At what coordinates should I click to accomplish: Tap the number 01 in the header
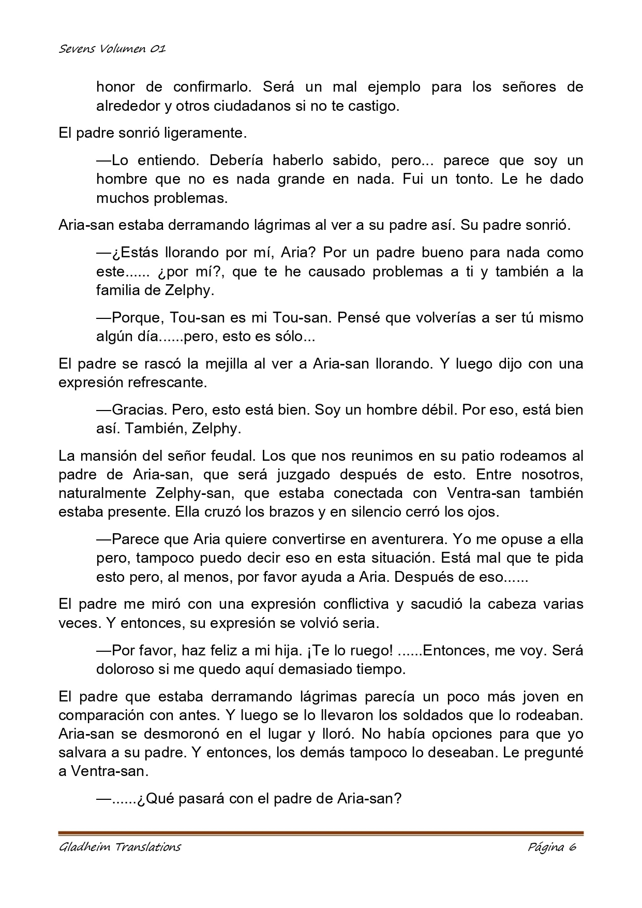click(157, 49)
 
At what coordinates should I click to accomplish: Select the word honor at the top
click(114, 86)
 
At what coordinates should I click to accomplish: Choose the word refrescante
click(166, 383)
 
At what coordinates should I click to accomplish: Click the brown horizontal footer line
click(321, 833)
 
